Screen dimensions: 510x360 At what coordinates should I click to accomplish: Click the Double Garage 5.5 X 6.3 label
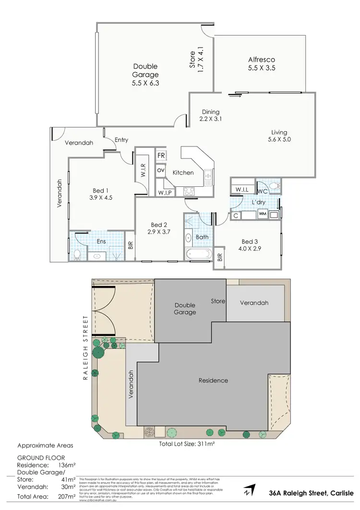click(x=145, y=74)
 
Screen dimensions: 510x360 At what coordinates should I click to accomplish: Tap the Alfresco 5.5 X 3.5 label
click(x=262, y=64)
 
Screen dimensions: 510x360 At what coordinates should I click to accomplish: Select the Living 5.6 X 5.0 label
click(x=279, y=136)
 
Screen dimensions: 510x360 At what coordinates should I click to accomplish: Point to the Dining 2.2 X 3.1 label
click(x=210, y=115)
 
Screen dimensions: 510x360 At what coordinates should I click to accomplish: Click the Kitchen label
click(x=183, y=173)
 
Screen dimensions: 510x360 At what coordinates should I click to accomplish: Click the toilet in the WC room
click(x=274, y=186)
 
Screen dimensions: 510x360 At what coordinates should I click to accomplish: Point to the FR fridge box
click(x=161, y=157)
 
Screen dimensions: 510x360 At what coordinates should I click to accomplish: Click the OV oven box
click(x=161, y=170)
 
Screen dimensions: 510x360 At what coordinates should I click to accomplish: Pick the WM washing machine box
click(x=262, y=215)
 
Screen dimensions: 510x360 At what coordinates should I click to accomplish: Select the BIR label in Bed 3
click(x=220, y=257)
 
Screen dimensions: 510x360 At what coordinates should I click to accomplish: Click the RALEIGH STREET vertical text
click(x=85, y=348)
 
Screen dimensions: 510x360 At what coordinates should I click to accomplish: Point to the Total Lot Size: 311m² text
click(x=186, y=444)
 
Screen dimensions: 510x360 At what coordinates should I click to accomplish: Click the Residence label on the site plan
click(x=214, y=380)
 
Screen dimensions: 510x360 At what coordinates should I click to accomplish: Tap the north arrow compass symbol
click(x=247, y=491)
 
